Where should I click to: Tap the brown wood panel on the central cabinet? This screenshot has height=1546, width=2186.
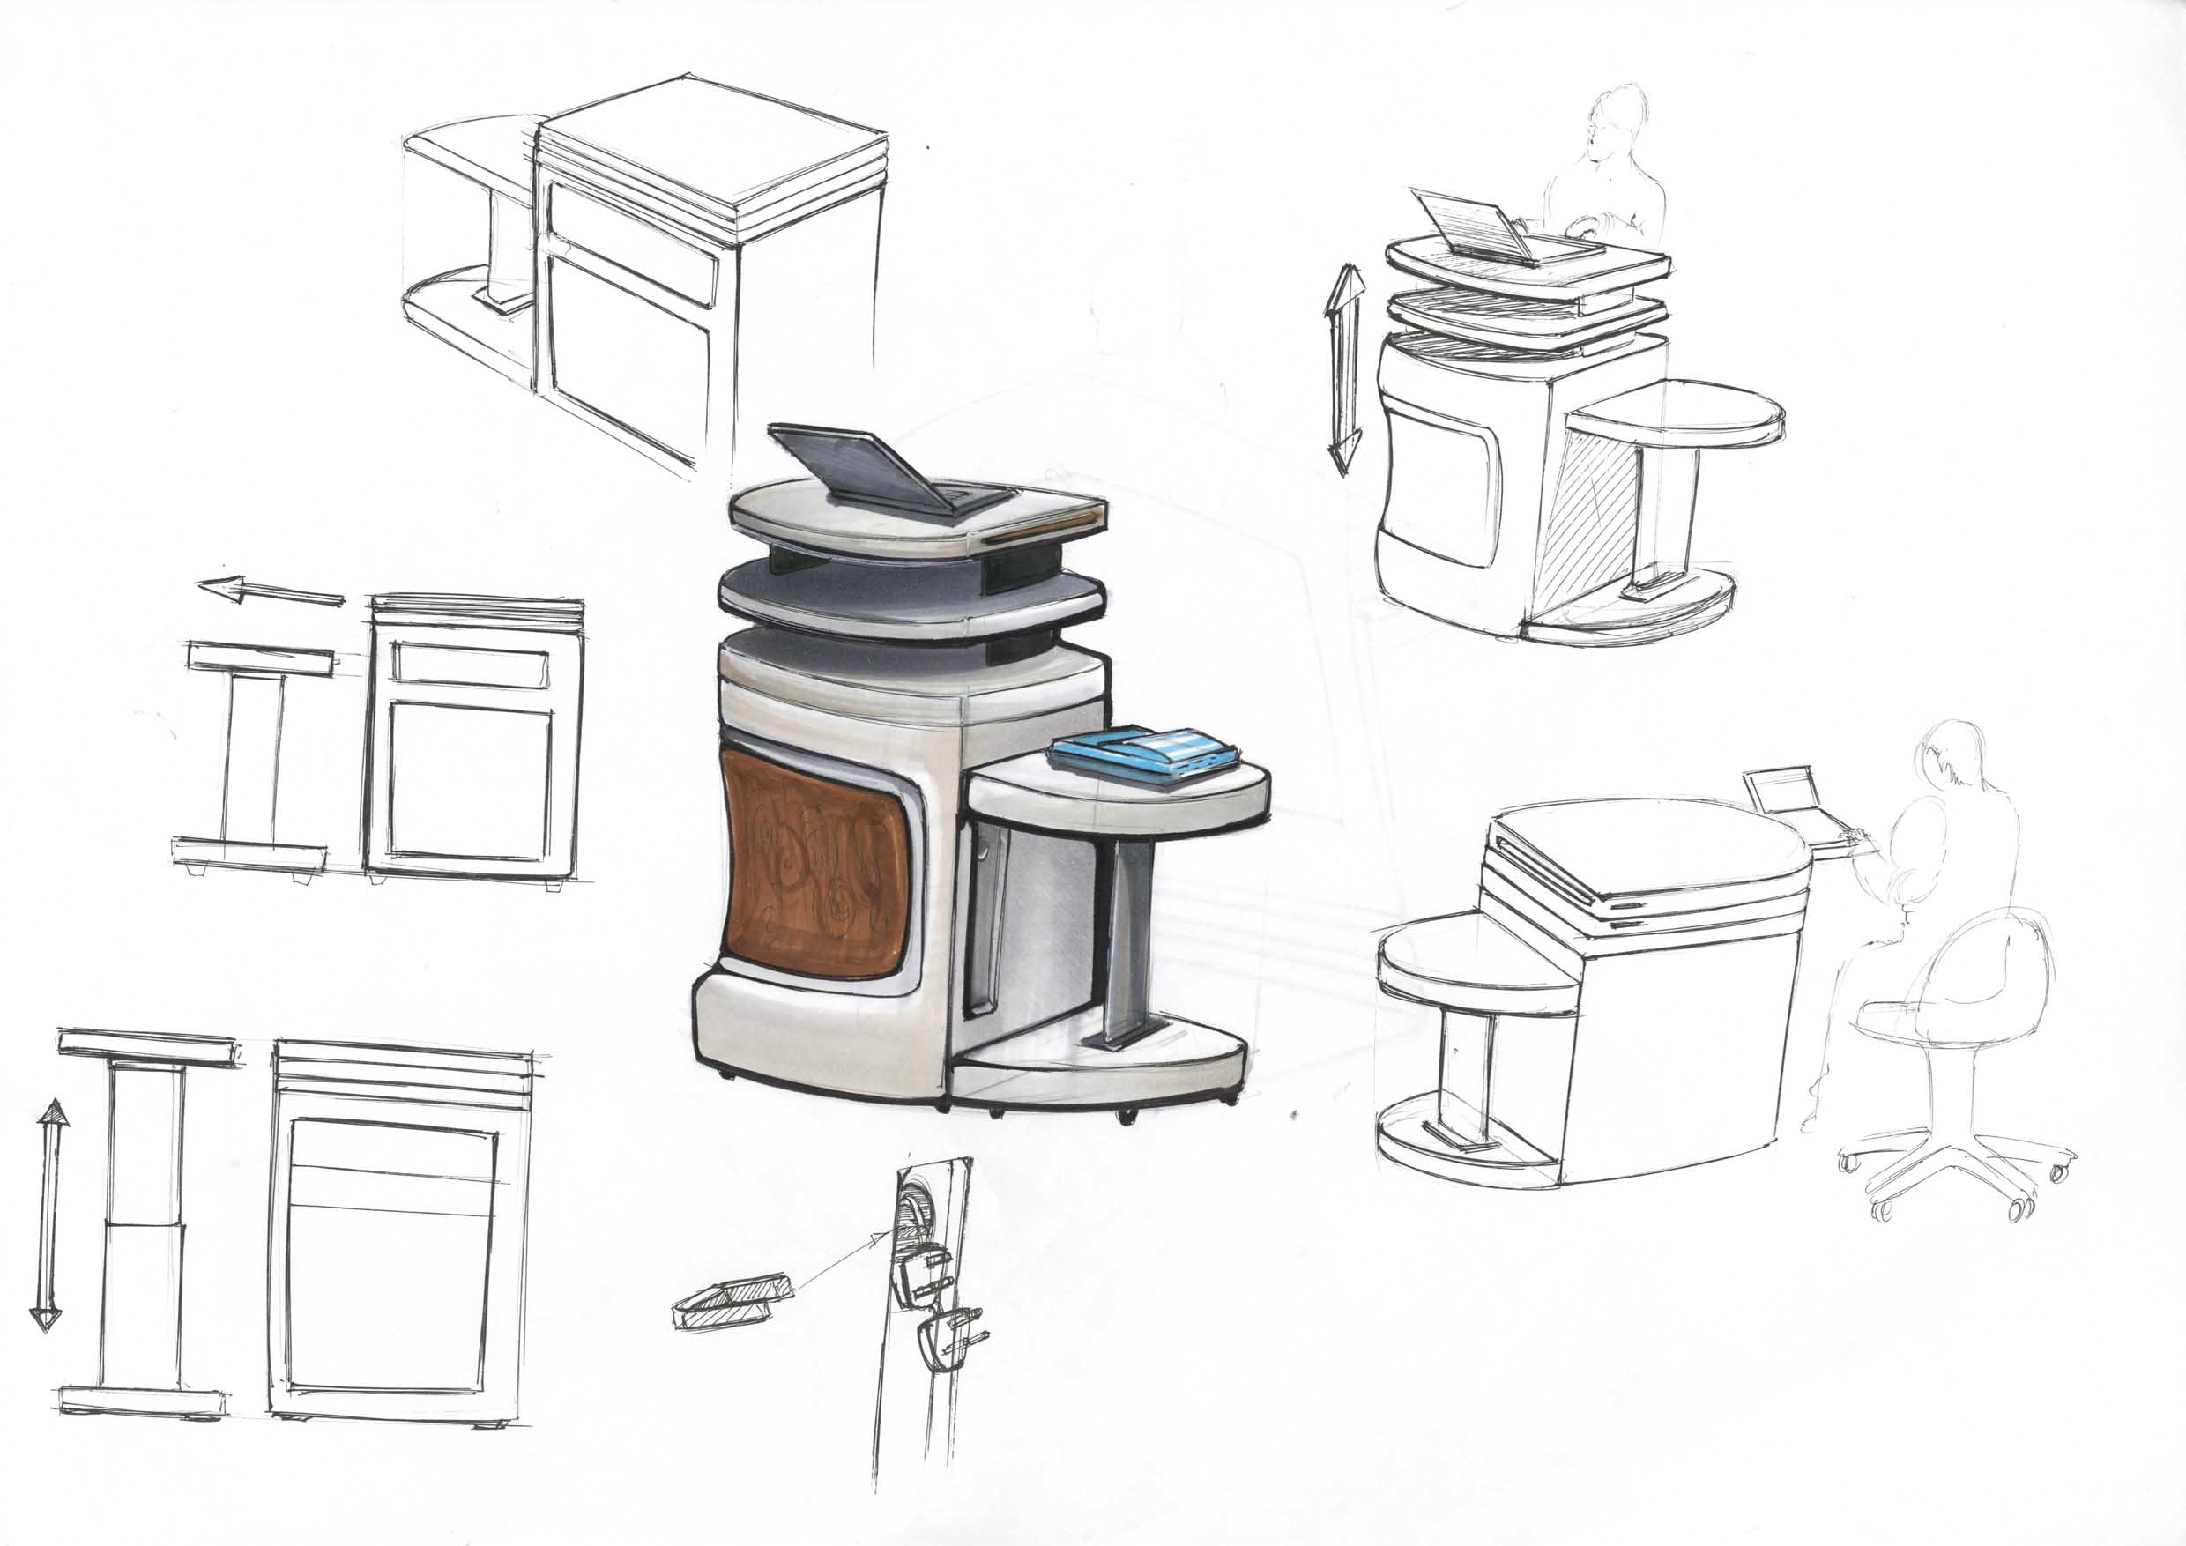tap(814, 864)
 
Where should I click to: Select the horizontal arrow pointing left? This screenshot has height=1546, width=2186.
tap(270, 592)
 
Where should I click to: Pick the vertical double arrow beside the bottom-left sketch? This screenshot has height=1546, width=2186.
tap(48, 1214)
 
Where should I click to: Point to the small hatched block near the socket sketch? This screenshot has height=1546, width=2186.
tap(732, 1299)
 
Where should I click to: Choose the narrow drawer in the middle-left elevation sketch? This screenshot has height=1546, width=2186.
tap(471, 665)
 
